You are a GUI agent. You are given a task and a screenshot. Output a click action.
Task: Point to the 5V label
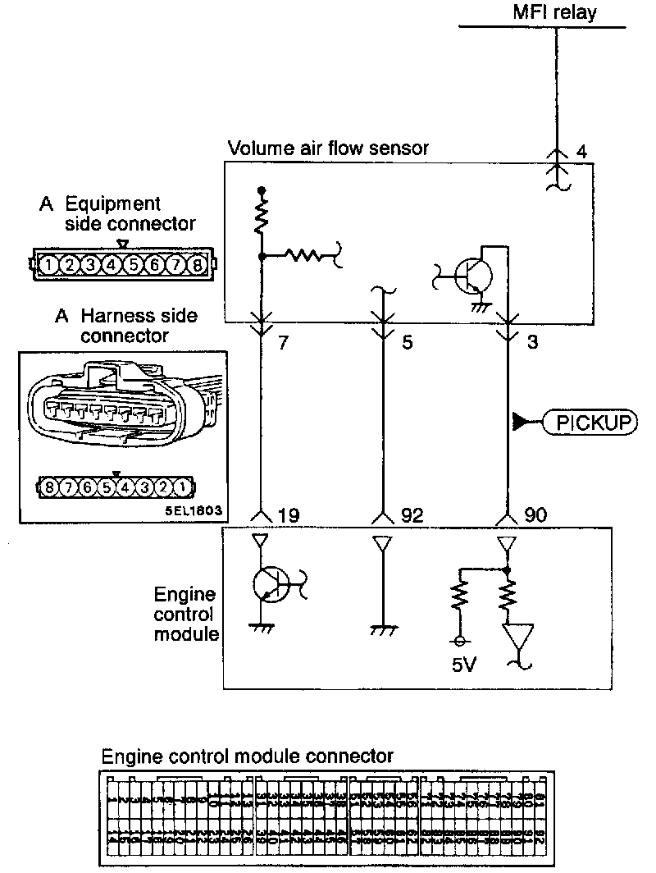[x=463, y=665]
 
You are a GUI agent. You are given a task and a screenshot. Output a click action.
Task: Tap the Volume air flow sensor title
[x=328, y=149]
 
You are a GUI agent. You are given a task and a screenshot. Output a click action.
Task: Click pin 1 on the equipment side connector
[x=51, y=265]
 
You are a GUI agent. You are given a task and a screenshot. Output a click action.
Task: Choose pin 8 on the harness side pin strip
[x=50, y=487]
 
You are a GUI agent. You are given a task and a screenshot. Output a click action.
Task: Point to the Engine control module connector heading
[x=247, y=755]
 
